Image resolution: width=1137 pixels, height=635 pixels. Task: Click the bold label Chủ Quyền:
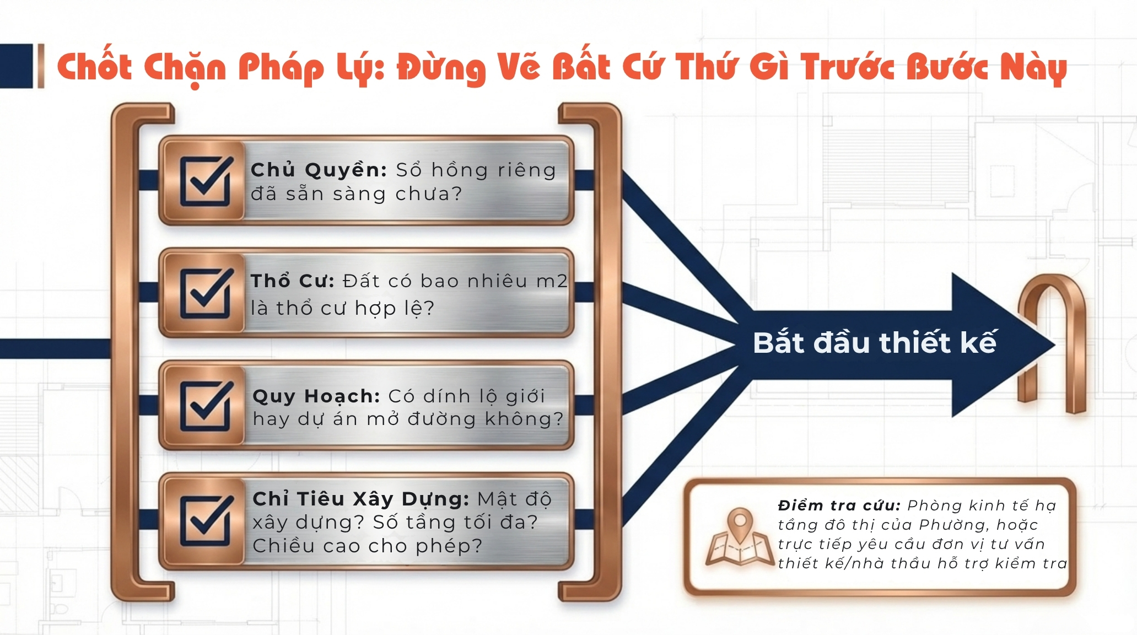(x=319, y=170)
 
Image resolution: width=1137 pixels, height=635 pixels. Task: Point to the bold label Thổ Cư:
(x=293, y=281)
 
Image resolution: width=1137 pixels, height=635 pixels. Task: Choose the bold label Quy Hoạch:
(x=316, y=396)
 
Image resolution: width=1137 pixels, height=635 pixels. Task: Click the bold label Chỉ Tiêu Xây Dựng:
(x=361, y=499)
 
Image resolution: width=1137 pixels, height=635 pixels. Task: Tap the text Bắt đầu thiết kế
(x=875, y=342)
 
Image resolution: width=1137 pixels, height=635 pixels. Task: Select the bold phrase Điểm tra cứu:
(x=839, y=505)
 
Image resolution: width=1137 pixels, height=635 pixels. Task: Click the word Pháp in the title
(x=281, y=68)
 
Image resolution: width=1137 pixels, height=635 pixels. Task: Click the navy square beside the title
(x=17, y=66)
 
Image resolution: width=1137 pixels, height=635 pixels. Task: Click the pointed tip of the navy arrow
(x=1054, y=345)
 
